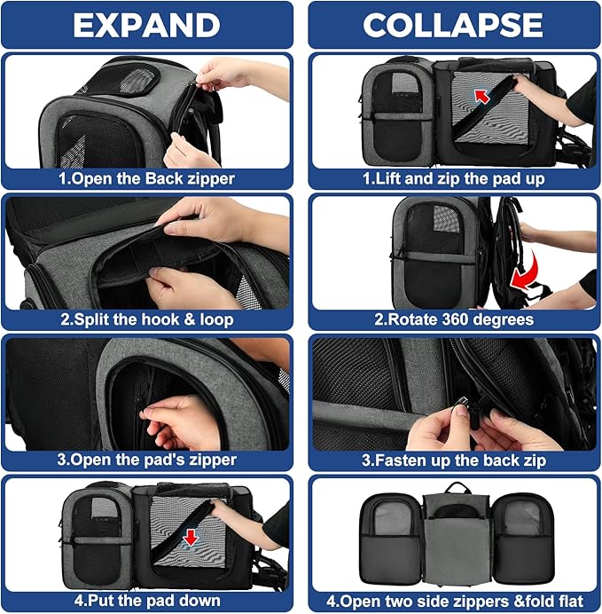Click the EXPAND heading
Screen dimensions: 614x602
pyautogui.click(x=147, y=25)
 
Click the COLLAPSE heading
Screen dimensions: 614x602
pyautogui.click(x=452, y=25)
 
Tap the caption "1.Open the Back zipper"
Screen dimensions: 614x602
pyautogui.click(x=147, y=177)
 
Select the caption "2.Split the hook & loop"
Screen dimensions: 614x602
pyautogui.click(x=147, y=319)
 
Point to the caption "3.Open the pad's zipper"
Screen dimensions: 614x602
pyautogui.click(x=147, y=460)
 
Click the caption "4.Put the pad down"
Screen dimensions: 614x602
pyautogui.click(x=147, y=600)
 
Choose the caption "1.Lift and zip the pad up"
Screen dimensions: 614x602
pyautogui.click(x=452, y=177)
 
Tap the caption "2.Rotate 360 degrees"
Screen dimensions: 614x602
pyautogui.click(x=452, y=319)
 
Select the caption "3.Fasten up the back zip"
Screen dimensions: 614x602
pyautogui.click(x=452, y=460)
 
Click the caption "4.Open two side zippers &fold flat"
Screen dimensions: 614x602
pyautogui.click(x=452, y=600)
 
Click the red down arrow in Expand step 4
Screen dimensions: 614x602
pyautogui.click(x=189, y=538)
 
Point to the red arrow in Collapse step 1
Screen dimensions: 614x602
pyautogui.click(x=482, y=95)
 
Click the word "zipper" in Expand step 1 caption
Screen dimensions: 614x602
pyautogui.click(x=208, y=177)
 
